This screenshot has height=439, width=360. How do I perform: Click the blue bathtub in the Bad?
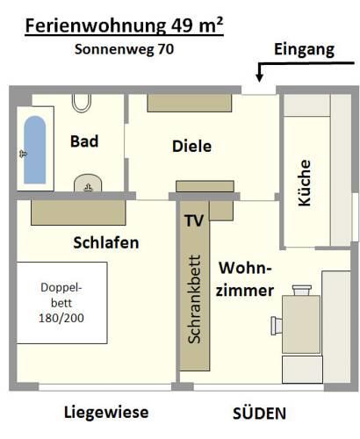(35, 150)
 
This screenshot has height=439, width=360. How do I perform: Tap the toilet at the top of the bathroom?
(82, 103)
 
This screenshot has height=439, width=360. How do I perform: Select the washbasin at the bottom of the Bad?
(88, 184)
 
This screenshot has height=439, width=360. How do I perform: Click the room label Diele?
(191, 146)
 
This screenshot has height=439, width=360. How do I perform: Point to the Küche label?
(305, 183)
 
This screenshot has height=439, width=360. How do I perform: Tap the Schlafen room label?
(106, 242)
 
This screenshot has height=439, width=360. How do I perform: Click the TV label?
(194, 220)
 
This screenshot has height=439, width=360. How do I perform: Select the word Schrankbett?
(194, 299)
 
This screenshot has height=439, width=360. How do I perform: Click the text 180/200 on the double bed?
(61, 318)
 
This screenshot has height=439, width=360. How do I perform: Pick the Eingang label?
(305, 49)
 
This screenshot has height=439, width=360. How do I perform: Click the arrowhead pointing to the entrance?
(259, 77)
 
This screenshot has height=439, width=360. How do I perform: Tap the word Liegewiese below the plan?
(106, 413)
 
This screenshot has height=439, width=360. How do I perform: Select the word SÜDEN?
(259, 413)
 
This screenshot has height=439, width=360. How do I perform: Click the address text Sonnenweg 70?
(124, 49)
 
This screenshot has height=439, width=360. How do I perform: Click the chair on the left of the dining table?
(277, 326)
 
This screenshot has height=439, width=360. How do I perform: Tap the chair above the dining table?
(302, 291)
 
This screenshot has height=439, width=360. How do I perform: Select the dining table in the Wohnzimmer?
(301, 324)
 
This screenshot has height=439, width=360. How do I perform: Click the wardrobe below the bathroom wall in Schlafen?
(78, 212)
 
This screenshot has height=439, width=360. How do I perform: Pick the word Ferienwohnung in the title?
(96, 26)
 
